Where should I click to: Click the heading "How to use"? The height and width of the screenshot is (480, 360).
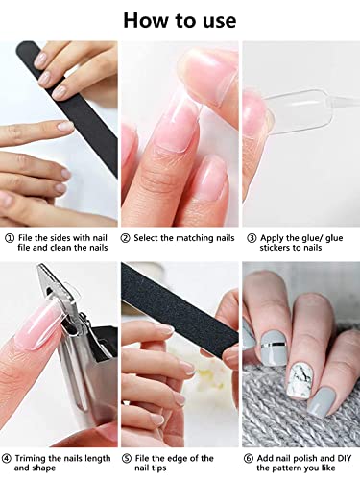pos(179,18)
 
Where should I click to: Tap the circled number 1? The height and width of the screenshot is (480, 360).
pos(9,237)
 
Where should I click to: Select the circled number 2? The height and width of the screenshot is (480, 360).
pos(127,237)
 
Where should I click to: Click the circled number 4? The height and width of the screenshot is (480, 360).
pos(9,457)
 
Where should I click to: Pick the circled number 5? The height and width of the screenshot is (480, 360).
pos(127,457)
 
